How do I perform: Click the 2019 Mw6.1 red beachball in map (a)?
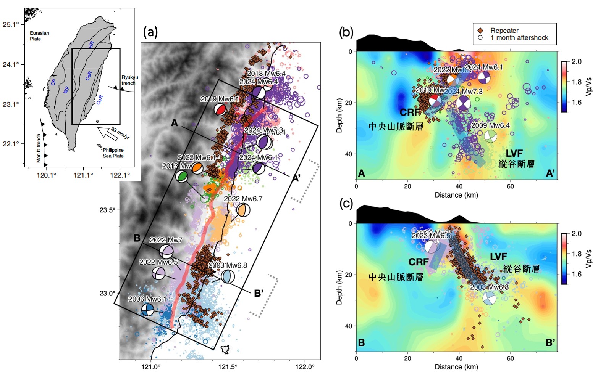[220, 109]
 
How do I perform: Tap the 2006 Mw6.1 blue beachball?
[147, 310]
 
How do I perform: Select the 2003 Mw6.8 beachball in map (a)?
[228, 276]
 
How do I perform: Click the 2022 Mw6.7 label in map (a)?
[243, 199]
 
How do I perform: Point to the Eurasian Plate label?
[39, 36]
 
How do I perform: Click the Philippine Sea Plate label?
[113, 153]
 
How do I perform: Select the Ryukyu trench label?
[129, 80]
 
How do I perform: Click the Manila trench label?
[39, 148]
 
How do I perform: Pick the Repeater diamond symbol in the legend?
[480, 31]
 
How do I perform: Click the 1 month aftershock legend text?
[519, 38]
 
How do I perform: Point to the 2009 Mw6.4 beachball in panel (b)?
[491, 136]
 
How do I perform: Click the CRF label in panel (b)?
[410, 112]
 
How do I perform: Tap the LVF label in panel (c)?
[498, 257]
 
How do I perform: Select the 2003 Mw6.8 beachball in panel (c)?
[490, 298]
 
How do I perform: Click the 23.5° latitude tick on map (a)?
[107, 210]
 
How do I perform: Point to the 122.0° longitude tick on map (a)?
[305, 367]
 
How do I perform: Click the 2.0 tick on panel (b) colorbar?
[576, 62]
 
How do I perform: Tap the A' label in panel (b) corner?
[550, 173]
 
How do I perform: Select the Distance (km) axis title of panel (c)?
[456, 367]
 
